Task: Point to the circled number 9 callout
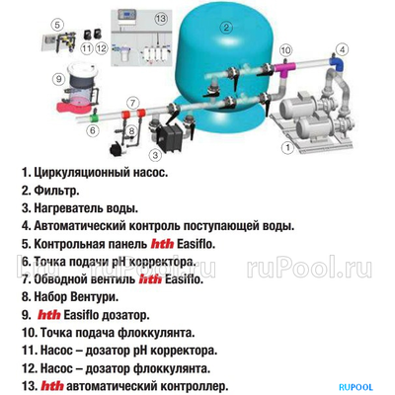click(58, 77)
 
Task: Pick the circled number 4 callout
click(343, 48)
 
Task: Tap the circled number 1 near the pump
click(287, 147)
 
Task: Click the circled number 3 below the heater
click(154, 155)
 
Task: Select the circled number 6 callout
click(93, 129)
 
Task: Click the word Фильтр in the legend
click(58, 190)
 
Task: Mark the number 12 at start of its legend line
click(27, 367)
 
